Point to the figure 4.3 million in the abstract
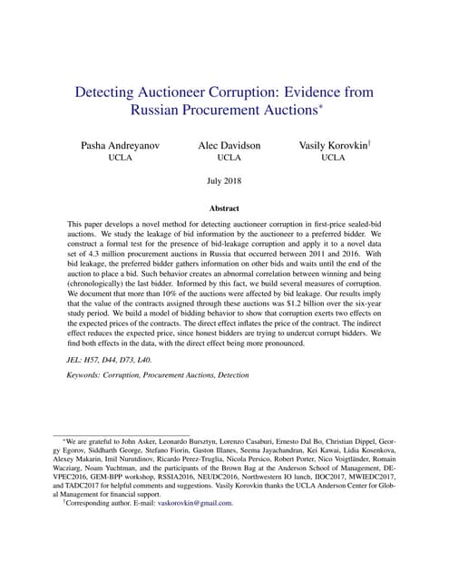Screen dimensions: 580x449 pyautogui.click(x=104, y=256)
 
